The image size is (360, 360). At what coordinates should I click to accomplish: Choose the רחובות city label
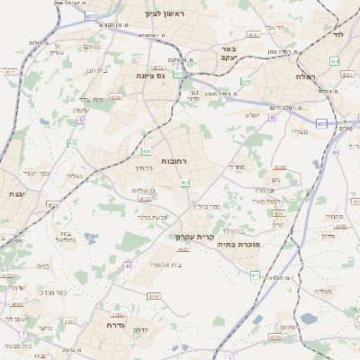(172, 160)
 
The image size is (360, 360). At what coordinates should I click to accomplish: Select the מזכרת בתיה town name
(241, 243)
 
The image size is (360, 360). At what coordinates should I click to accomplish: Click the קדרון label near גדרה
(139, 330)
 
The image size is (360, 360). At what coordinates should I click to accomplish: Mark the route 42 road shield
(80, 119)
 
